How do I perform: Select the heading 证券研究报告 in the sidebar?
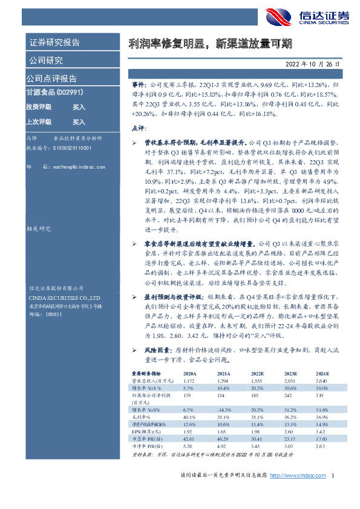(x=54, y=43)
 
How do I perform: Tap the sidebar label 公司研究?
(x=45, y=60)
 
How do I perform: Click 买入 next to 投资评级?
(x=79, y=106)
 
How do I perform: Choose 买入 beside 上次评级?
(x=79, y=122)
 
